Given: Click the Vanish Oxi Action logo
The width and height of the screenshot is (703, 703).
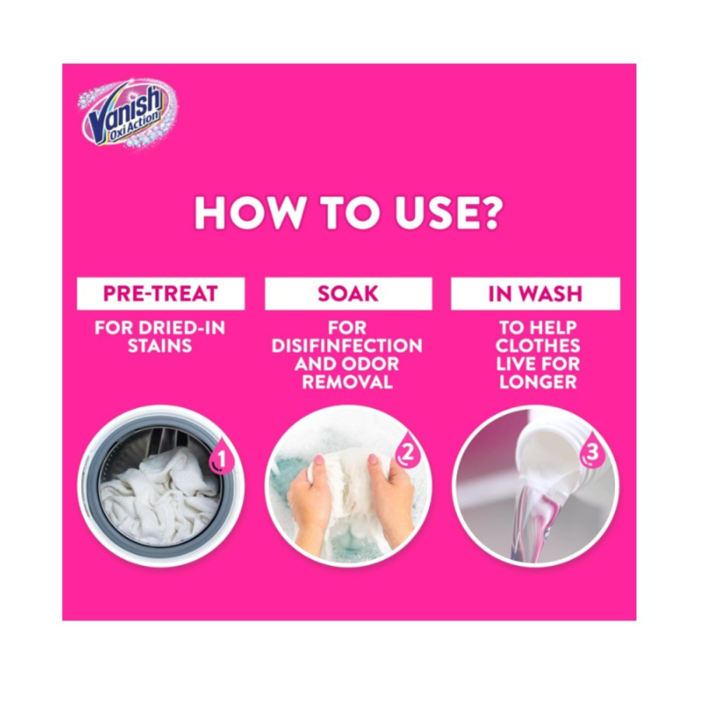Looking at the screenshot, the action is (x=129, y=114).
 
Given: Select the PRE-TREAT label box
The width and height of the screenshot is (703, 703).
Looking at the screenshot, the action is (x=160, y=294).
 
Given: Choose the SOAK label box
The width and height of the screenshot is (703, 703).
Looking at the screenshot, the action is (x=349, y=294).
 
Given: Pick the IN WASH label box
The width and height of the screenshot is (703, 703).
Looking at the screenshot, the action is (x=535, y=294).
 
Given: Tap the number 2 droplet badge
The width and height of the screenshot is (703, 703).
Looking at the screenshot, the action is (x=408, y=452).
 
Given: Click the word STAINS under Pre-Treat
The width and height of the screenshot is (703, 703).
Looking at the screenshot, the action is (x=160, y=346).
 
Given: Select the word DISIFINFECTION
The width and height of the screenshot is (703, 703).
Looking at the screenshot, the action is (x=347, y=346).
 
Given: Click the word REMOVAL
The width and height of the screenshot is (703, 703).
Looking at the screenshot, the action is (x=347, y=382).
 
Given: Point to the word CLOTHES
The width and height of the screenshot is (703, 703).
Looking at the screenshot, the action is (x=538, y=346).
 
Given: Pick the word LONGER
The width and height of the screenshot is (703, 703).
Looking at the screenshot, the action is (x=538, y=382).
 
